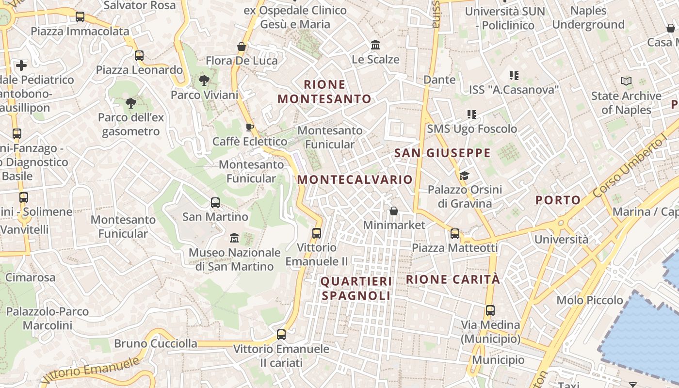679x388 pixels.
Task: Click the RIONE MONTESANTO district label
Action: [x=324, y=92]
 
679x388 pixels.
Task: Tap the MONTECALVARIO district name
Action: [x=355, y=179]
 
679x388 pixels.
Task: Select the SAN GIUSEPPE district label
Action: [x=442, y=153]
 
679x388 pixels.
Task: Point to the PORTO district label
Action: [x=558, y=200]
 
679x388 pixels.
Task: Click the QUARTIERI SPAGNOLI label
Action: [x=356, y=289]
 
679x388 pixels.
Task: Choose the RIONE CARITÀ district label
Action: [x=453, y=279]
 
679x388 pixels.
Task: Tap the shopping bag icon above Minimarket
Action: [x=394, y=211]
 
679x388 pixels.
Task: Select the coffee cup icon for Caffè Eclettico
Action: [x=250, y=127]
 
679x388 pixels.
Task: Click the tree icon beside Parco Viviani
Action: [x=204, y=81]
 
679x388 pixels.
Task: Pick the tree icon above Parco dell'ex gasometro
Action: [x=130, y=103]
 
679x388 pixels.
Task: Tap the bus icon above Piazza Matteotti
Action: [x=455, y=234]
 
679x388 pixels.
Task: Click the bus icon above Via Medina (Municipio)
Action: [x=490, y=310]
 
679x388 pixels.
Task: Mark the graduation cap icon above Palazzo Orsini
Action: [x=464, y=175]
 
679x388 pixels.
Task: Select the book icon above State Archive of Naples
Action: [x=626, y=81]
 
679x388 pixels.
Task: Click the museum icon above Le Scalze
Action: [x=375, y=45]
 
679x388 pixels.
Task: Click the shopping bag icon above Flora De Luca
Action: [x=242, y=47]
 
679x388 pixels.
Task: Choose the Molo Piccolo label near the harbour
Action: [x=590, y=300]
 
